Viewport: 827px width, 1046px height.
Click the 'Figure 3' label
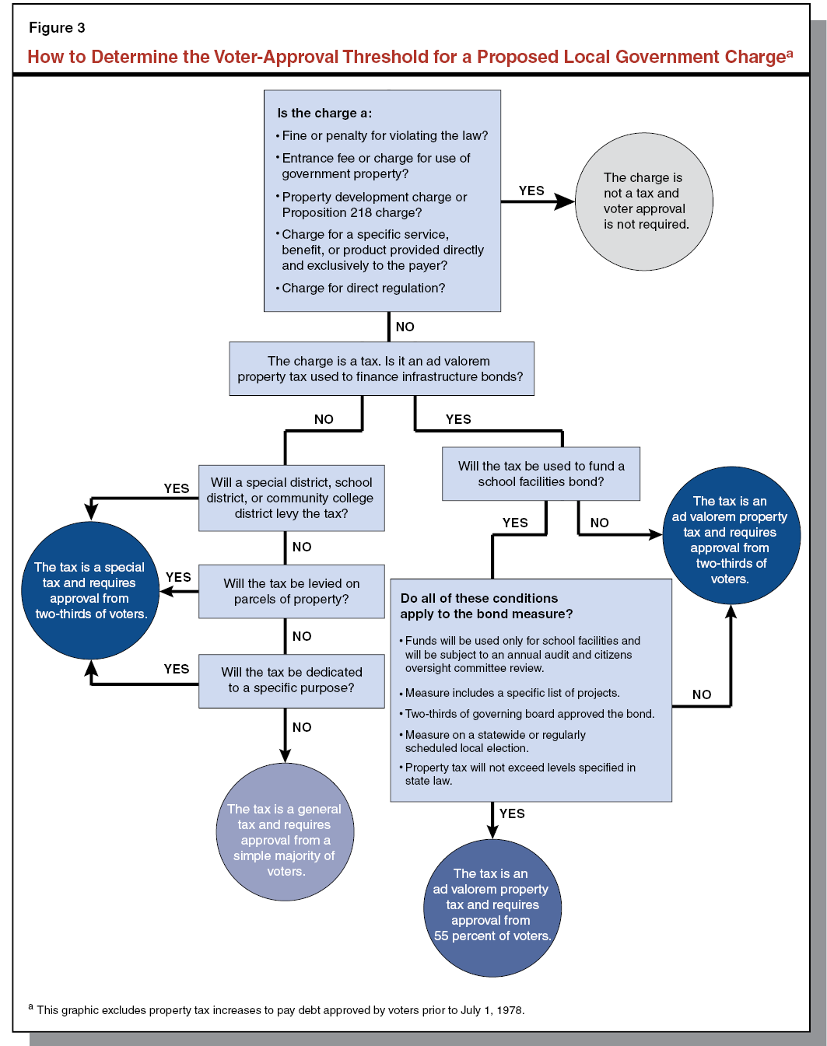point(57,28)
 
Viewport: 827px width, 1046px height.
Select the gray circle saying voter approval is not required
point(644,201)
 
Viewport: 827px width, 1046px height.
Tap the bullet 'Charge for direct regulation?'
point(363,289)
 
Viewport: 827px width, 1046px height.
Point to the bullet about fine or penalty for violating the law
point(384,136)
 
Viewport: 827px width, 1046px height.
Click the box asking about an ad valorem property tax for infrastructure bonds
point(381,369)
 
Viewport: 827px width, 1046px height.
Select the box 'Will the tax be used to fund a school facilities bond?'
point(541,474)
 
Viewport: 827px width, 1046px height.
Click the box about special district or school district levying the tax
point(292,498)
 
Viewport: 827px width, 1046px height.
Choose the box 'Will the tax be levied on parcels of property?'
point(292,591)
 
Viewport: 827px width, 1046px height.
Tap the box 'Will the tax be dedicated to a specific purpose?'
point(292,680)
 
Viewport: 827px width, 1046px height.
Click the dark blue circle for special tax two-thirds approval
point(90,590)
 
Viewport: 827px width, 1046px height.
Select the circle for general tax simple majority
point(285,832)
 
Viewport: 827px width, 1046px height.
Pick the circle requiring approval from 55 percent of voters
point(492,907)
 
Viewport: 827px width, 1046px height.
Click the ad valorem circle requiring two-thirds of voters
point(731,536)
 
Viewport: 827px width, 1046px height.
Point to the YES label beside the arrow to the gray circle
point(531,191)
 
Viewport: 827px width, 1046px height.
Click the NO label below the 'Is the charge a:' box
point(405,327)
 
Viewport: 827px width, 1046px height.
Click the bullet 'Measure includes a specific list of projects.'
point(512,693)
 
